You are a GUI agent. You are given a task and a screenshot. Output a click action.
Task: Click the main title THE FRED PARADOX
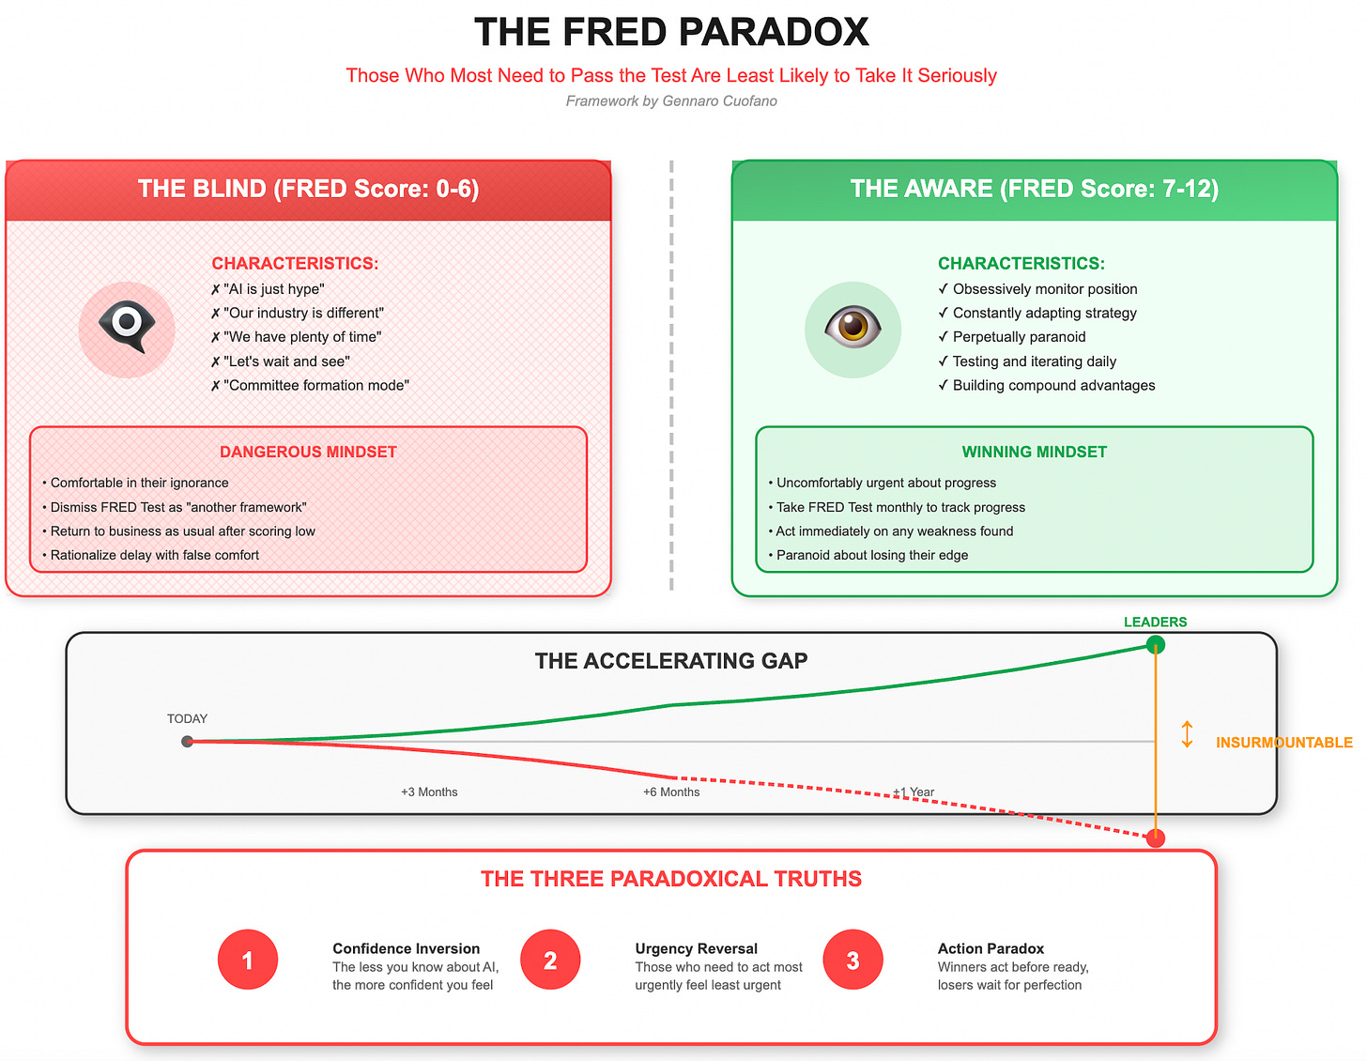[x=671, y=32]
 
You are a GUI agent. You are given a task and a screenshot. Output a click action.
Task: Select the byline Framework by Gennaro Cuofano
[x=671, y=101]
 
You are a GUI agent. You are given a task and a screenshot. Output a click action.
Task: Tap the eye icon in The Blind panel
[x=127, y=329]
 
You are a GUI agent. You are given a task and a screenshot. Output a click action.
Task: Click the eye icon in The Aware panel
[x=852, y=329]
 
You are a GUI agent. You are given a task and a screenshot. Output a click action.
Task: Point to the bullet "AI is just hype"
[x=273, y=289]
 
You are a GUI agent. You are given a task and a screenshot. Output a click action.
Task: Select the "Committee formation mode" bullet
[x=315, y=385]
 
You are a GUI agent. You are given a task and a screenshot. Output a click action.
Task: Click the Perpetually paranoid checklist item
[x=1018, y=337]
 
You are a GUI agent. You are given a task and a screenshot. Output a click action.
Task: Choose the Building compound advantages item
[x=1052, y=385]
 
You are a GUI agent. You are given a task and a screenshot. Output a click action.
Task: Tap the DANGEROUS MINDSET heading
[x=308, y=453]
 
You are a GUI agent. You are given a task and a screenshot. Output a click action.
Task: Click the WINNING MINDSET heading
[x=1034, y=453]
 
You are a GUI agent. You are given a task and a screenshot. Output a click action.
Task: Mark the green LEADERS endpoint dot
[x=1156, y=644]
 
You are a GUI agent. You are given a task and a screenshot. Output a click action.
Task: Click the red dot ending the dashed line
[x=1156, y=838]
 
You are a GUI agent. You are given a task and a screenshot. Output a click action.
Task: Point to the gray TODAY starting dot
[x=188, y=742]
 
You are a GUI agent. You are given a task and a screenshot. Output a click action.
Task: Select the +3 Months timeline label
[x=429, y=792]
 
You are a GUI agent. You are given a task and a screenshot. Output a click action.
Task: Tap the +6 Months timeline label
[x=671, y=792]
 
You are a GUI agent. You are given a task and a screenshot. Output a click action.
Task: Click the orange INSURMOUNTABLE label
[x=1283, y=743]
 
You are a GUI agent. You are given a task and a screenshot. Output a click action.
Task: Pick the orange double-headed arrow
[x=1187, y=734]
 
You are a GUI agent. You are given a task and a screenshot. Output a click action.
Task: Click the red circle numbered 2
[x=550, y=960]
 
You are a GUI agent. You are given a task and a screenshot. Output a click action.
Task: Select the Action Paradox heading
[x=991, y=948]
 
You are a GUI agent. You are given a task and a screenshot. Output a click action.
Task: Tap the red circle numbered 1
[x=248, y=960]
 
